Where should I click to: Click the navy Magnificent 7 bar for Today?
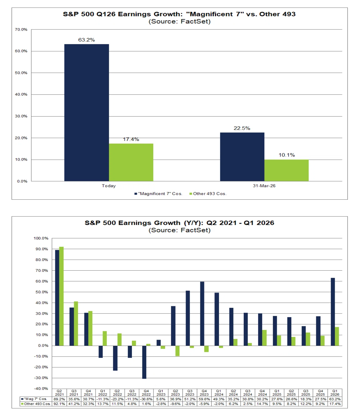pos(87,112)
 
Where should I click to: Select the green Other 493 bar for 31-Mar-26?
pos(287,170)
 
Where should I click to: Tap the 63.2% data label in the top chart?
pos(87,40)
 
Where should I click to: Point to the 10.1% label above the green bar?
pos(287,155)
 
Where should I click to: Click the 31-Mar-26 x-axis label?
pos(264,186)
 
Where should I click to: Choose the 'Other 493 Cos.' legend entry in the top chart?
pos(208,194)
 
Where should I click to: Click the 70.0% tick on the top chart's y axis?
pos(21,29)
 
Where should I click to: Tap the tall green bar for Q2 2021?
pos(61,296)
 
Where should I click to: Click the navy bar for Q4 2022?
pos(144,362)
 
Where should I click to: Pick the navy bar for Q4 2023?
pos(202,313)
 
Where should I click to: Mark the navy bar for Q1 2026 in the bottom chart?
pos(333,312)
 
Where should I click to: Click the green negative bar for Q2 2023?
pos(177,351)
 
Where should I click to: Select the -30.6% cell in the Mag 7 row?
pos(146,399)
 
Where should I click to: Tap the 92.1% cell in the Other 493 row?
pos(59,404)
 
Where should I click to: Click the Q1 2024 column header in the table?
pos(219,392)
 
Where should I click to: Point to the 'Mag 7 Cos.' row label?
pos(34,399)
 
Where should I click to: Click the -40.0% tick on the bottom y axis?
pos(41,388)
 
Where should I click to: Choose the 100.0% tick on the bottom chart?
pos(41,238)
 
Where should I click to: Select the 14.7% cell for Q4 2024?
pos(262,404)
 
